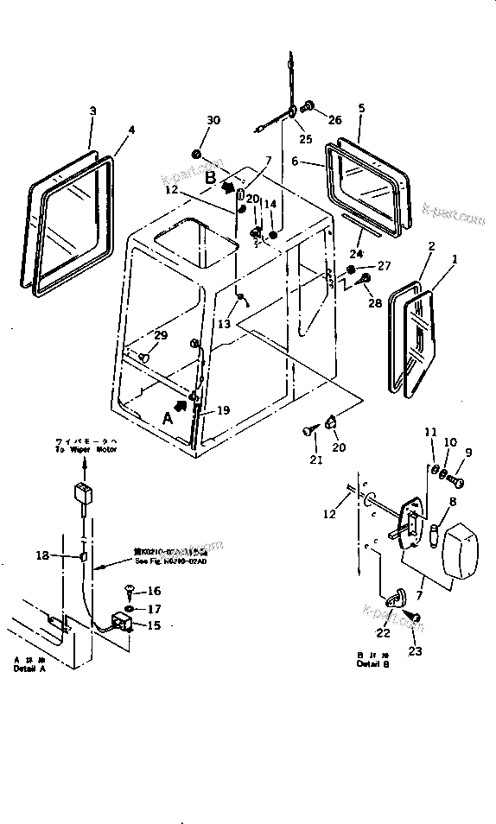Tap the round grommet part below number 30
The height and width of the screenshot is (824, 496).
[x=196, y=155]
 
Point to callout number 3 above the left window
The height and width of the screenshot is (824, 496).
[x=92, y=111]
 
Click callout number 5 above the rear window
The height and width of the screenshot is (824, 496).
[x=361, y=108]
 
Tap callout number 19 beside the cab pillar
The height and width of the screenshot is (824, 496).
[x=224, y=411]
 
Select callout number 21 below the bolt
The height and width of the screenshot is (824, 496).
[x=316, y=460]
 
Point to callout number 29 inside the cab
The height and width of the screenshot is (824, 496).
[x=160, y=335]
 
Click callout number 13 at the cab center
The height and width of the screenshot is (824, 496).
[x=224, y=324]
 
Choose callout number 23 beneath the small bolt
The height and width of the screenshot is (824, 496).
[x=415, y=650]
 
